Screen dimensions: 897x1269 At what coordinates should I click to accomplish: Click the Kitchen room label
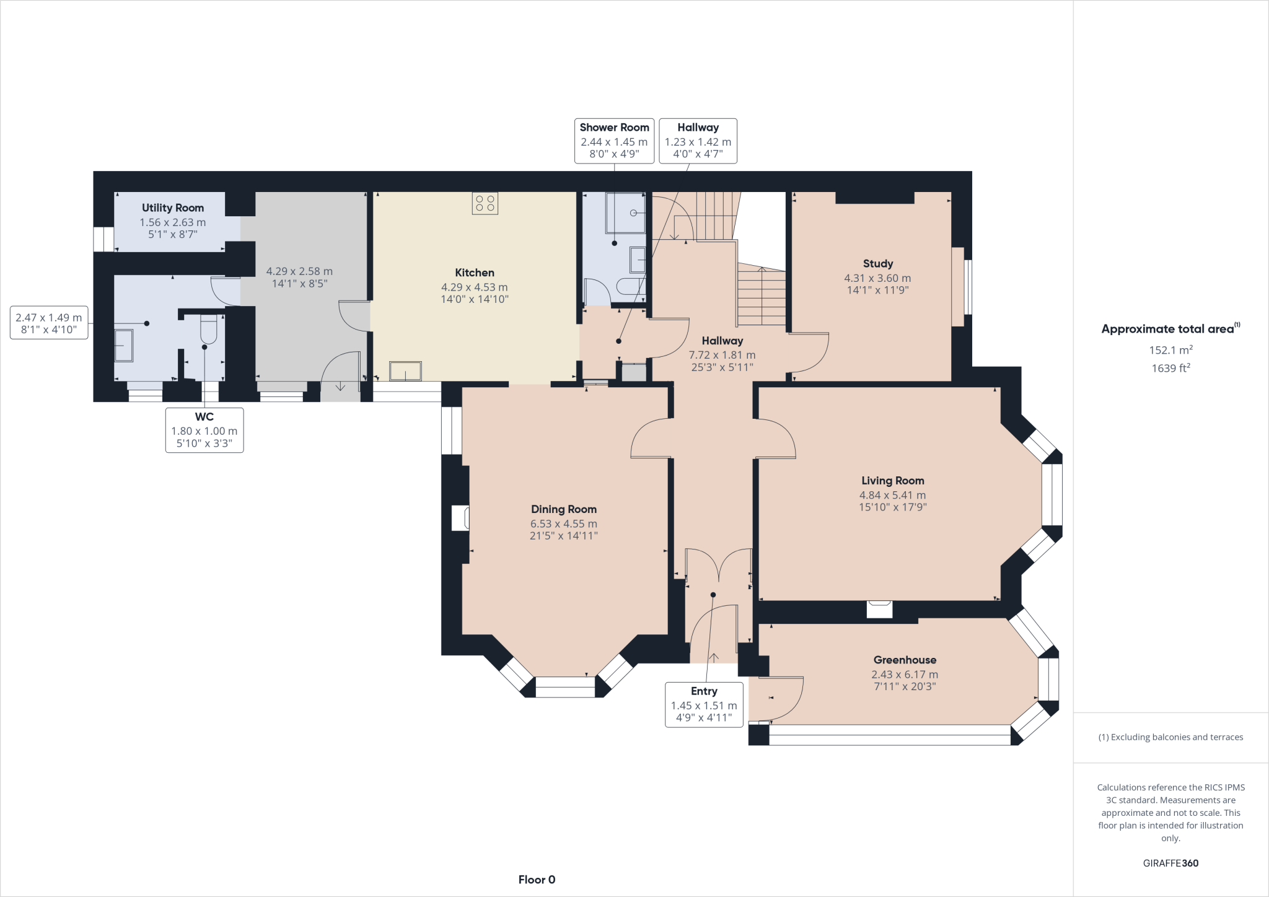pyautogui.click(x=474, y=273)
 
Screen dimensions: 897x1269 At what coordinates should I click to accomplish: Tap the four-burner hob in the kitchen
pyautogui.click(x=485, y=203)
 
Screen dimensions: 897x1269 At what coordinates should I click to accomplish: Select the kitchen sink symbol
pyautogui.click(x=405, y=371)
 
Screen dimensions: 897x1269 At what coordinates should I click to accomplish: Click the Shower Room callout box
pyautogui.click(x=614, y=141)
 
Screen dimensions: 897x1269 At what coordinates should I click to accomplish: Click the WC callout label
pyautogui.click(x=204, y=429)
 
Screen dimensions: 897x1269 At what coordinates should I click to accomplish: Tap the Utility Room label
pyautogui.click(x=172, y=208)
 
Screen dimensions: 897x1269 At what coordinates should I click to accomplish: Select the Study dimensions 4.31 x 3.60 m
pyautogui.click(x=877, y=278)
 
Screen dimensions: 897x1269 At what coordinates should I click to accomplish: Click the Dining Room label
pyautogui.click(x=563, y=509)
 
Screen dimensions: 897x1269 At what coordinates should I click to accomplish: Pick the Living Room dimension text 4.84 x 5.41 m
pyautogui.click(x=892, y=495)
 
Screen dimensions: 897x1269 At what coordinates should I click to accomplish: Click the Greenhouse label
pyautogui.click(x=905, y=660)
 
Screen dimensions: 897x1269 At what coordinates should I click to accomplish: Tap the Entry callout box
pyautogui.click(x=704, y=704)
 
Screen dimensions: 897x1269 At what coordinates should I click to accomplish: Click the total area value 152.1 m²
pyautogui.click(x=1170, y=350)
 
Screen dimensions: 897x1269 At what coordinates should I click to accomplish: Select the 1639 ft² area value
pyautogui.click(x=1170, y=368)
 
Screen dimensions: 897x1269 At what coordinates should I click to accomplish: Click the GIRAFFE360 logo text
pyautogui.click(x=1170, y=863)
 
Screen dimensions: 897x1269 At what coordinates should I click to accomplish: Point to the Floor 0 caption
pyautogui.click(x=537, y=880)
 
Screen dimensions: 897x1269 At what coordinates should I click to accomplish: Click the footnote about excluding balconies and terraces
pyautogui.click(x=1170, y=737)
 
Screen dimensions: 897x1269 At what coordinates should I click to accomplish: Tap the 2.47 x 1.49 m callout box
pyautogui.click(x=49, y=323)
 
